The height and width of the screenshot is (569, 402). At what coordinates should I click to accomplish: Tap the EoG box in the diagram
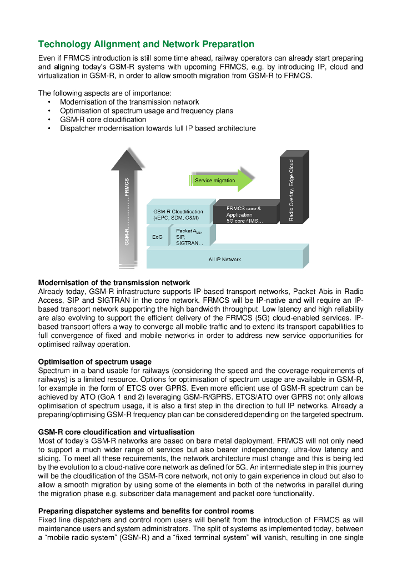(157, 237)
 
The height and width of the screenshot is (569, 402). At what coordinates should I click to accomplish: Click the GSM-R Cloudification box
(178, 214)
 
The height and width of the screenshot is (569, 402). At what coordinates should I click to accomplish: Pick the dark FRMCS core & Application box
(244, 214)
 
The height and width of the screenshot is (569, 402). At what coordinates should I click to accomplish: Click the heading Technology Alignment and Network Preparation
(146, 44)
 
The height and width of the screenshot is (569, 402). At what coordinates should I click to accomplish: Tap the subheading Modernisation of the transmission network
(114, 283)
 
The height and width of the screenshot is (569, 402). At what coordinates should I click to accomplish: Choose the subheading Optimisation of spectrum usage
(94, 362)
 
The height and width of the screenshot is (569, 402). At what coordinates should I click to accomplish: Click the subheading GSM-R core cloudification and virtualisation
(116, 432)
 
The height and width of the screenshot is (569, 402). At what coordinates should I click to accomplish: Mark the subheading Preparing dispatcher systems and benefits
(146, 511)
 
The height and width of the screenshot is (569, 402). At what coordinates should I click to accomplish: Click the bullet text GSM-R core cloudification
(103, 119)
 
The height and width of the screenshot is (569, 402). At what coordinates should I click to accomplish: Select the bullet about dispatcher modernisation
(158, 128)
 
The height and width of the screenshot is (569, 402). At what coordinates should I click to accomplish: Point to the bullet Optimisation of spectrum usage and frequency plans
(146, 111)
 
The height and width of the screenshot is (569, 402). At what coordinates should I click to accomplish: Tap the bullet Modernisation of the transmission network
(129, 102)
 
